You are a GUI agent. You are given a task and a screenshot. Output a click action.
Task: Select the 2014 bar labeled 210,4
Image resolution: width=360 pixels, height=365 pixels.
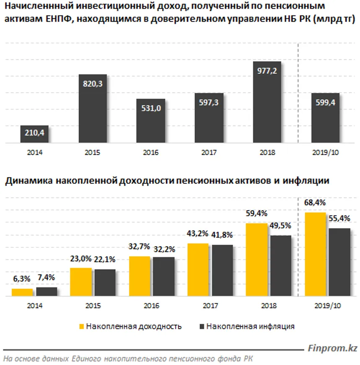coord(34,134)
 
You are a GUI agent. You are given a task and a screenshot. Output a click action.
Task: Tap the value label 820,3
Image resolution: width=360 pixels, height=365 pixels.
coord(93,84)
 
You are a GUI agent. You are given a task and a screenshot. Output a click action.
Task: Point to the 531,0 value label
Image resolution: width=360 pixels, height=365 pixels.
coord(150,109)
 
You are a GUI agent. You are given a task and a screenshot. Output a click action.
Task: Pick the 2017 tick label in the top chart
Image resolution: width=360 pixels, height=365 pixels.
coord(208,153)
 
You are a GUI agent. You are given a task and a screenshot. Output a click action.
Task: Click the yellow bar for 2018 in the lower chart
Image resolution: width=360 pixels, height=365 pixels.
coord(257,260)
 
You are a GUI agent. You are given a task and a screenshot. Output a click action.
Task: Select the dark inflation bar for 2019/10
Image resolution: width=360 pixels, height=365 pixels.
coord(339,262)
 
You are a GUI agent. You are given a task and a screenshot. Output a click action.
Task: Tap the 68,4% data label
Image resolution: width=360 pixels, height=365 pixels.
coord(315,203)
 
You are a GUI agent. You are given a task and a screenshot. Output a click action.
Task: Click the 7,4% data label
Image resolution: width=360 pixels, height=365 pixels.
coord(47,278)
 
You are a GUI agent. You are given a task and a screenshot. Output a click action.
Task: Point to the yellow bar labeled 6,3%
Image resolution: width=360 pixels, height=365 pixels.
coord(22,292)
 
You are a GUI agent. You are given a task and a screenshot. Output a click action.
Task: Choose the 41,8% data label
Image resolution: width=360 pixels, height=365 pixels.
coord(223,235)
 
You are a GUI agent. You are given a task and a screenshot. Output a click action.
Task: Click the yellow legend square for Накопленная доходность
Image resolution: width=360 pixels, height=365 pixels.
coord(82,326)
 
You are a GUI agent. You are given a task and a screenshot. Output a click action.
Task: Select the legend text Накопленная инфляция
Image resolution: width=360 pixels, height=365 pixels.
coord(250,326)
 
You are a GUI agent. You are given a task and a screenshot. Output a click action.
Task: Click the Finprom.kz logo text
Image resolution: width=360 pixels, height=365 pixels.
coord(332,348)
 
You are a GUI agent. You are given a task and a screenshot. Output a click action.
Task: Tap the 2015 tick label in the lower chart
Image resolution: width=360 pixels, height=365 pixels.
coord(93,306)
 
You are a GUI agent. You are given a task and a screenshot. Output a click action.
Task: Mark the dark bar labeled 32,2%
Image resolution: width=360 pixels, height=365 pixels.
coord(163,276)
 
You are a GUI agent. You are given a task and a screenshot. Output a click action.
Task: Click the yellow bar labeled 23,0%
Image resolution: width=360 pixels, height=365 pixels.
coord(81,282)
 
